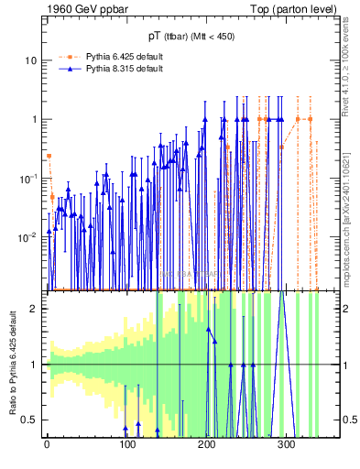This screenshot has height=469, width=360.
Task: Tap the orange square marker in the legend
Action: pos(69,57)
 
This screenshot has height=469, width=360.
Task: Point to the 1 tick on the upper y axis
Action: pos(35,119)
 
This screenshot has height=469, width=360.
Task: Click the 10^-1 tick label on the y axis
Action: pos(30,178)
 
